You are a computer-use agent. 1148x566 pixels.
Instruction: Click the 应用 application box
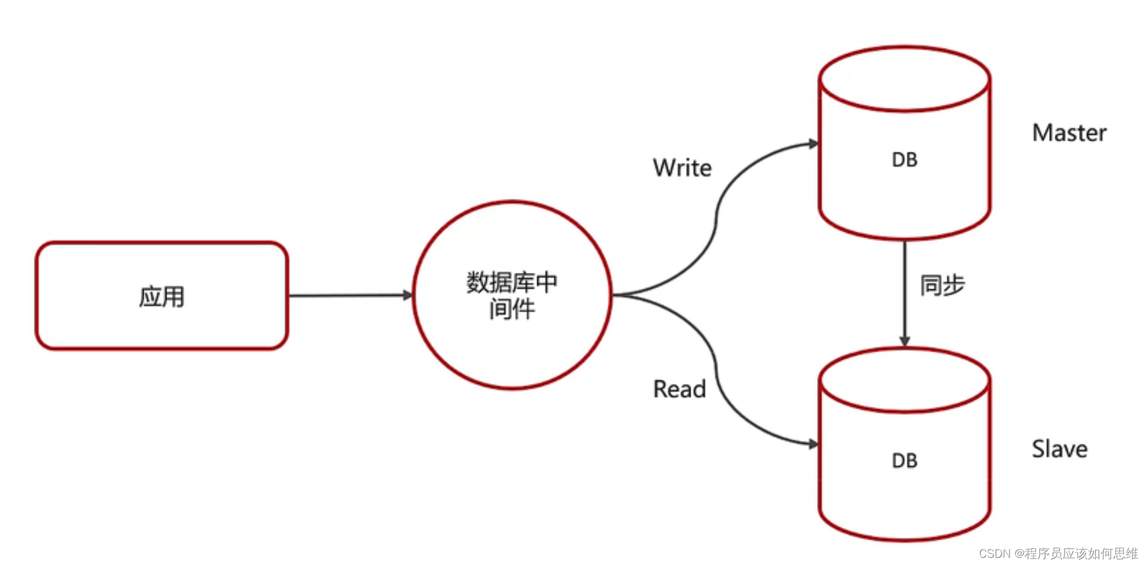point(162,296)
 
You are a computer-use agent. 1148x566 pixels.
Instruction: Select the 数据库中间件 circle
point(512,295)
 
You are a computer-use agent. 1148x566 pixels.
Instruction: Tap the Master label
point(1069,133)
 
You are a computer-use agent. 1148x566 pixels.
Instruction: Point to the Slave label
point(1059,449)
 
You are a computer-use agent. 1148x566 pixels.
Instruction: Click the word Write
point(682,168)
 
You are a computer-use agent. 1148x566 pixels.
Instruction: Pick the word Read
point(679,389)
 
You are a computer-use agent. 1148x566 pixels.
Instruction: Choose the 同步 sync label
point(942,285)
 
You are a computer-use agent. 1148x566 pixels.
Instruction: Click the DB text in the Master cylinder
point(904,160)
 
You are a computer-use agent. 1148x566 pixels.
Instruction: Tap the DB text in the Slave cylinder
point(904,460)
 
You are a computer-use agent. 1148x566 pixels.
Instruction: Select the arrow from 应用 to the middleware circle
point(348,295)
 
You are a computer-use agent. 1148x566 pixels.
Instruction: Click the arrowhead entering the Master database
point(813,144)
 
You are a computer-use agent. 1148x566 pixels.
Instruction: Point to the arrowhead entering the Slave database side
point(813,444)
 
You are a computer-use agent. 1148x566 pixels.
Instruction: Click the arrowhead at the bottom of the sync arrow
point(904,342)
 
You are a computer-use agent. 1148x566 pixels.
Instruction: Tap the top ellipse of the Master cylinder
point(904,79)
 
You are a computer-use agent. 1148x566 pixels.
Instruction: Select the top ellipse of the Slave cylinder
point(904,380)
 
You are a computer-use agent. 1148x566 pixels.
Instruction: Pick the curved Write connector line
point(717,215)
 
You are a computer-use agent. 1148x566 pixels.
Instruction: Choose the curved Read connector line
point(717,374)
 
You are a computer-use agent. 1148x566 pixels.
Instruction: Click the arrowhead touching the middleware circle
point(408,295)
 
